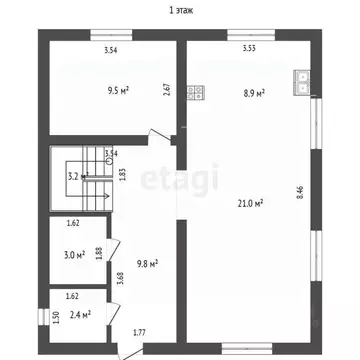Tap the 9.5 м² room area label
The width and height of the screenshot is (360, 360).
tap(121, 87)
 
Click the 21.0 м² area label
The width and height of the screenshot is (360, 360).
tap(249, 204)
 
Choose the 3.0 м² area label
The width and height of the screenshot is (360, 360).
tap(74, 255)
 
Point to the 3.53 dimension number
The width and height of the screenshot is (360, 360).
tap(248, 48)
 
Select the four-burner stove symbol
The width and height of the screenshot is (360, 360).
tap(196, 95)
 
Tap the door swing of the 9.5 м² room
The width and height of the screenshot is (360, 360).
tap(158, 137)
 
